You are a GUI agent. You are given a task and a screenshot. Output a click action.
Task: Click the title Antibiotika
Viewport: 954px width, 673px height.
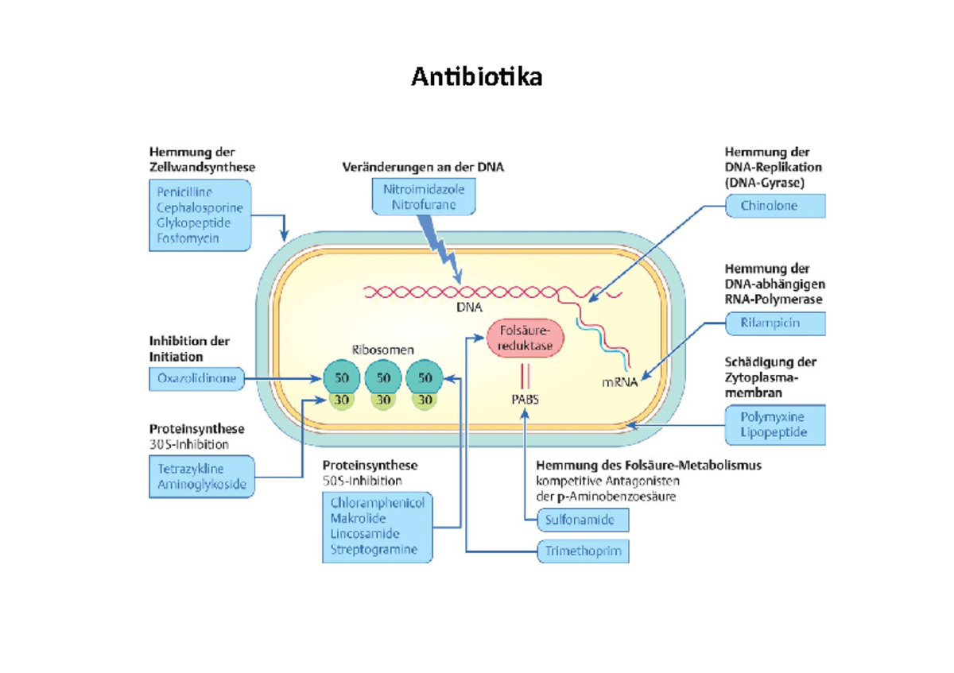tap(476, 77)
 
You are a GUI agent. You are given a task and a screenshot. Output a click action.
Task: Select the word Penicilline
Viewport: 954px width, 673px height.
tap(184, 192)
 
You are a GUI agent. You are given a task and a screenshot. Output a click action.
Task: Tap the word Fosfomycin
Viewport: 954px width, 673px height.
tap(188, 238)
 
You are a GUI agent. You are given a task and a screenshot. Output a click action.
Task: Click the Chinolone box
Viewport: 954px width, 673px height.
tap(775, 206)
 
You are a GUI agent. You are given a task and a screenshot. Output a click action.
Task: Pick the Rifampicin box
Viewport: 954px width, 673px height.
tap(775, 323)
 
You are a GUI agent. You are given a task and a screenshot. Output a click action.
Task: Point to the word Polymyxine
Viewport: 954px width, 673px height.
tap(772, 416)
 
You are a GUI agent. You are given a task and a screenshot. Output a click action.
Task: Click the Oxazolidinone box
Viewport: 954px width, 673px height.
tap(197, 378)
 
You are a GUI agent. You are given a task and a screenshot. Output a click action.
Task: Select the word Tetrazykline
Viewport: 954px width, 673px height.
tap(190, 469)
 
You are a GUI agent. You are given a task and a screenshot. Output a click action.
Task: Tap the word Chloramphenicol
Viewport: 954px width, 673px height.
tap(378, 503)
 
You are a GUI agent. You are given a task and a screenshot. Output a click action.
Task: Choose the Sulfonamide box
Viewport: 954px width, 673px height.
tap(583, 520)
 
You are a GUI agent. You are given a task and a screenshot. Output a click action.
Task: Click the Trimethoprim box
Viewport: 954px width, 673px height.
tap(583, 551)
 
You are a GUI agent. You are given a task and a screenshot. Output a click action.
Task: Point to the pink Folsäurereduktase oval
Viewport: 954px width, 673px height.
tap(525, 338)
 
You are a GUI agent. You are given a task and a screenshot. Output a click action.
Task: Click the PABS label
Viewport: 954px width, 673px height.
tap(525, 400)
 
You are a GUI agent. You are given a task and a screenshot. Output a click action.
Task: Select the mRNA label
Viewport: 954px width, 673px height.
tap(619, 382)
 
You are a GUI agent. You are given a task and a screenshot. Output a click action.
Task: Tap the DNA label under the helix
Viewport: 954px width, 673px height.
tap(469, 307)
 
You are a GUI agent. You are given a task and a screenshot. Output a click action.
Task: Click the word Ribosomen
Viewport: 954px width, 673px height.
tap(382, 350)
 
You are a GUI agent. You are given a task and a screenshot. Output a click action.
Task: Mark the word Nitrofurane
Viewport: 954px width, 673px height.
tap(424, 205)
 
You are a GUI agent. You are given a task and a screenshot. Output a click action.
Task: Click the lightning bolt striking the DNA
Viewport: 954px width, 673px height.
tap(440, 249)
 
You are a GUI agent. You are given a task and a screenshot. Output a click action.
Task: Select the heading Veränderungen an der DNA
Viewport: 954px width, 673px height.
tap(423, 167)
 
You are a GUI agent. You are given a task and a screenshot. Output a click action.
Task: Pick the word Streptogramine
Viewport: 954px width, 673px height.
tap(374, 549)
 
